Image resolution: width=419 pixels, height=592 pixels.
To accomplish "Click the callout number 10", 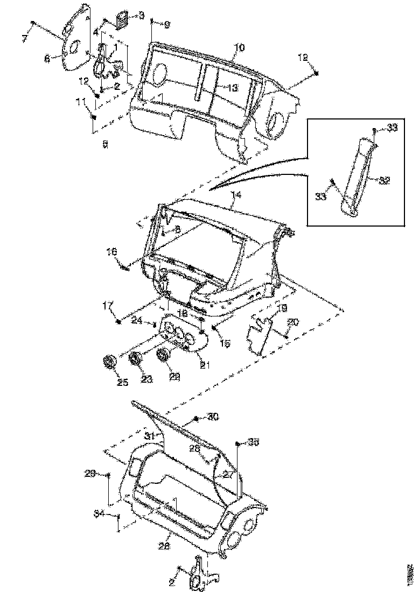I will [239, 48].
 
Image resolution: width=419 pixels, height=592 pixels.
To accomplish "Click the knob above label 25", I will [110, 363].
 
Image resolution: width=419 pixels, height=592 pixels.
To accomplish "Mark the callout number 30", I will [214, 417].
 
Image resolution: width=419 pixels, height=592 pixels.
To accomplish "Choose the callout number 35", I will [254, 442].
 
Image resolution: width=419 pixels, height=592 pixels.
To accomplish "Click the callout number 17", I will [107, 306].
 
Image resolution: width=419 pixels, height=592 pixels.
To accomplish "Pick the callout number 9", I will [166, 25].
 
